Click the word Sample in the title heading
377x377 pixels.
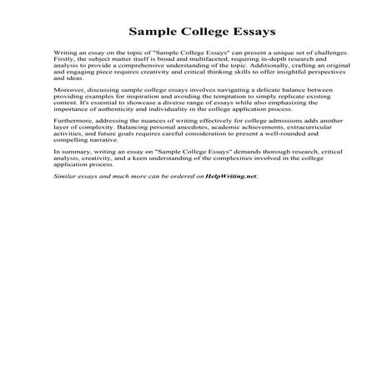coord(152,33)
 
